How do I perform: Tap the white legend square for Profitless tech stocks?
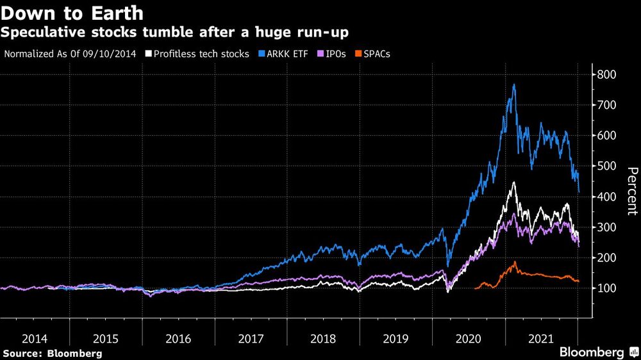[148, 54]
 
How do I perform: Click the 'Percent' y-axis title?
[631, 191]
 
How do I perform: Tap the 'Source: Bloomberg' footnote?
[52, 353]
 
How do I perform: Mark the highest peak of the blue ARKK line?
[514, 85]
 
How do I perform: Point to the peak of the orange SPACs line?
[514, 261]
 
